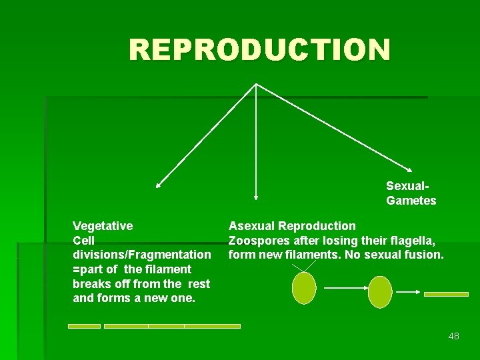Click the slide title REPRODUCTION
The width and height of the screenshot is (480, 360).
259,50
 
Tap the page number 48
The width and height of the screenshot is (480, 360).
453,336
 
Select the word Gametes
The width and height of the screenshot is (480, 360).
411,201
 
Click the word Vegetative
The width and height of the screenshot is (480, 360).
103,226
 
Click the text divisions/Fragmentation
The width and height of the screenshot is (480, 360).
141,255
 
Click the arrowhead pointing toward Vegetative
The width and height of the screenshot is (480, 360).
159,185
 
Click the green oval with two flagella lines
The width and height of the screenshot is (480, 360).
304,287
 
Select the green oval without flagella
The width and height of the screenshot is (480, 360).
380,291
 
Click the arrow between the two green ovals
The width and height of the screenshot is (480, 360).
343,289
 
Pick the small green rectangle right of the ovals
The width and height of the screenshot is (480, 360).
446,293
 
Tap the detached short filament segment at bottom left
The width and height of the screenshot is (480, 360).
84,326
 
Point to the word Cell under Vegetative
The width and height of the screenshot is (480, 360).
84,240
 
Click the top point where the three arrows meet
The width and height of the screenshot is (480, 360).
257,84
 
